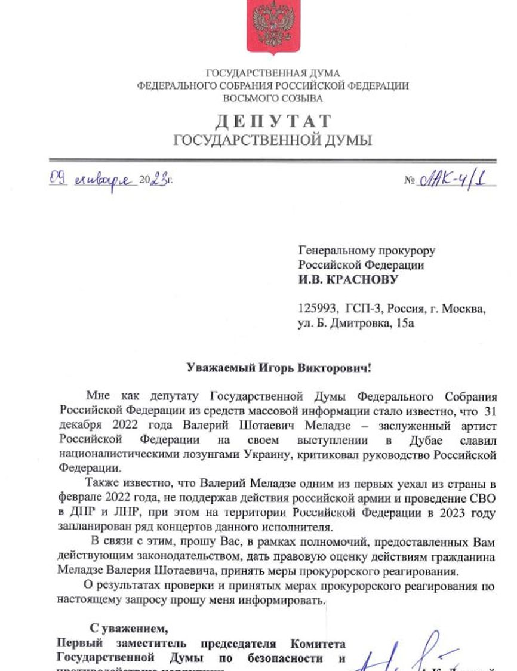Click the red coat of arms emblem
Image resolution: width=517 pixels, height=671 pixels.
tap(273, 27)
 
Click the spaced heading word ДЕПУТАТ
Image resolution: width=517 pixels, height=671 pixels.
tap(273, 121)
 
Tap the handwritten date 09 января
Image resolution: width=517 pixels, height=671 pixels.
tap(93, 178)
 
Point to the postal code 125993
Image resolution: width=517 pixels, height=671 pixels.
tap(318, 309)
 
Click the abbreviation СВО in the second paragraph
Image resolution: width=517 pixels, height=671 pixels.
tap(487, 497)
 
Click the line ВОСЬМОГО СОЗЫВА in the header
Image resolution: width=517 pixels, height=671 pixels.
tap(273, 98)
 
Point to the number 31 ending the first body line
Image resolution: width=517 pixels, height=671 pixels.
tap(489, 412)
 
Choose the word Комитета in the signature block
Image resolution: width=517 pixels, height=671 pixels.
tap(318, 644)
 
